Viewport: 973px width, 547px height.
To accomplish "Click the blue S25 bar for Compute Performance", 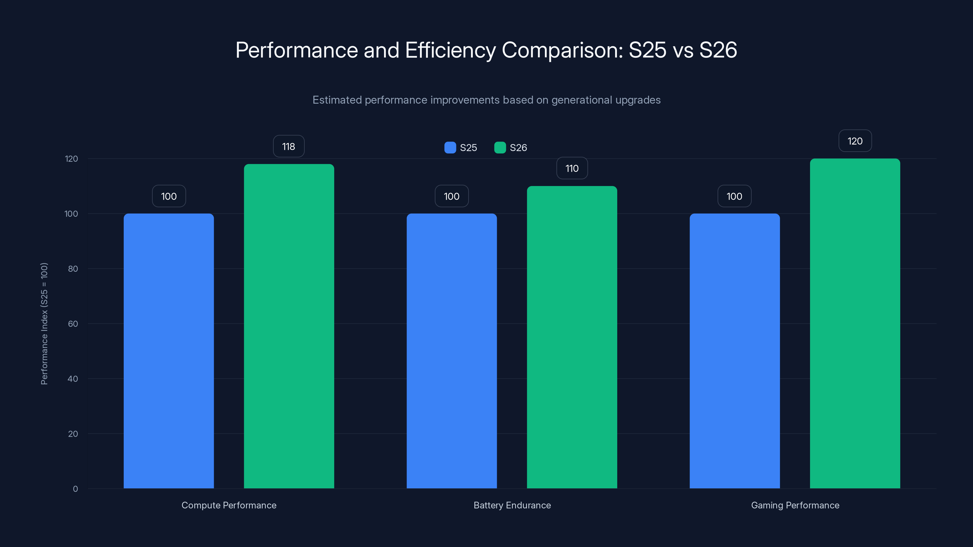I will [x=168, y=351].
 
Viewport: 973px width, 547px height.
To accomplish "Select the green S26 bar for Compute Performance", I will [x=289, y=327].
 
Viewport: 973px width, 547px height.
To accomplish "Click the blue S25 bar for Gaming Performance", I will [x=734, y=351].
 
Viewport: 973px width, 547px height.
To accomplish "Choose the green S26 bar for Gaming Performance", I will [x=855, y=324].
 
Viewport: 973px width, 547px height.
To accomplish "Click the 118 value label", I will [x=289, y=146].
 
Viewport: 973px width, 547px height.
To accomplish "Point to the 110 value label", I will [x=572, y=168].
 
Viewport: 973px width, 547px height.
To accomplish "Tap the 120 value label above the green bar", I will [x=855, y=141].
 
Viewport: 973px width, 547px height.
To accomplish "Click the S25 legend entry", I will [x=461, y=148].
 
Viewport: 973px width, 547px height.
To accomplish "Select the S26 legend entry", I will [x=511, y=148].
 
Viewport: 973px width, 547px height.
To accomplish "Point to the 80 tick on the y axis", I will [x=73, y=269].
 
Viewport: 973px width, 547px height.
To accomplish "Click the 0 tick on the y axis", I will [x=75, y=489].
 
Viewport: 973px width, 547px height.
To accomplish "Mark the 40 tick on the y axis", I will [x=73, y=379].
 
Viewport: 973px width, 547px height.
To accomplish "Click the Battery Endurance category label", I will [x=512, y=505].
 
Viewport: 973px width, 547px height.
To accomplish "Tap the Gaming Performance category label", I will [x=795, y=505].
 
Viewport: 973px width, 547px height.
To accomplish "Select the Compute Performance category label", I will [x=229, y=505].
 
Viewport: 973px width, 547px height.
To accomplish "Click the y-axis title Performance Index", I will [x=44, y=324].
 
